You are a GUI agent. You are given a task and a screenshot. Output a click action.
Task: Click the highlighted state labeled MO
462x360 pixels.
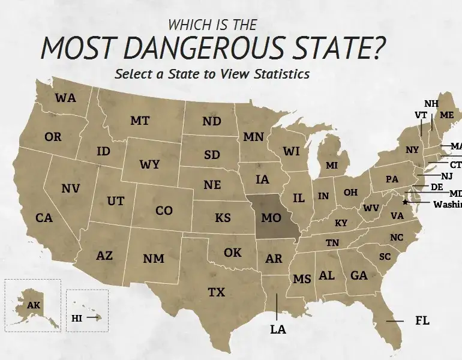[x=271, y=217]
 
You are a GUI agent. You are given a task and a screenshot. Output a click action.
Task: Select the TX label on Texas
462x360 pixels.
[x=216, y=292]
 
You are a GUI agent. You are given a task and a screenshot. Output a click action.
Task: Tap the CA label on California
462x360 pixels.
[x=44, y=218]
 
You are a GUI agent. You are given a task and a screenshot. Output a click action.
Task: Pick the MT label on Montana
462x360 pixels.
[x=140, y=121]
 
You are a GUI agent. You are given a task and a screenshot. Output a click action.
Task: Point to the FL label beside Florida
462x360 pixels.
[x=422, y=320]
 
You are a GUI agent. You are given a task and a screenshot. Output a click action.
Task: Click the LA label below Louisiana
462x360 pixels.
[x=278, y=329]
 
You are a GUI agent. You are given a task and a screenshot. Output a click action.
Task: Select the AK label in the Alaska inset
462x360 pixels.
[x=34, y=305]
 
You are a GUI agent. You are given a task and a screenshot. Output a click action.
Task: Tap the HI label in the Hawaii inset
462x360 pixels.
[x=77, y=319]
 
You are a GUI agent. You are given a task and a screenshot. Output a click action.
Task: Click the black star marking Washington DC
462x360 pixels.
[x=406, y=202]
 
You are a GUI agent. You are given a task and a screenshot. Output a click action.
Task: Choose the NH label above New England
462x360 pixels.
[x=431, y=103]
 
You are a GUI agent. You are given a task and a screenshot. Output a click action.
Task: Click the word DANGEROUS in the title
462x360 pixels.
[x=235, y=49]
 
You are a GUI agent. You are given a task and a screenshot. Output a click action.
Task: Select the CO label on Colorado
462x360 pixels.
[x=164, y=211]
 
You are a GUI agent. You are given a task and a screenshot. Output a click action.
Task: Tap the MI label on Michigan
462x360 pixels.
[x=332, y=165]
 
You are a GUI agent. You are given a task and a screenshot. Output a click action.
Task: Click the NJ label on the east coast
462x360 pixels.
[x=446, y=176]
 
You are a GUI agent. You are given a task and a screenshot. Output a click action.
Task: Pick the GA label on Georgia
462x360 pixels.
[x=359, y=275]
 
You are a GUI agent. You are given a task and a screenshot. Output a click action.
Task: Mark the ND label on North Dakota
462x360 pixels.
[x=211, y=121]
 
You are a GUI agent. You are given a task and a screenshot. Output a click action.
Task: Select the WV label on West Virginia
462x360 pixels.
[x=371, y=209]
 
